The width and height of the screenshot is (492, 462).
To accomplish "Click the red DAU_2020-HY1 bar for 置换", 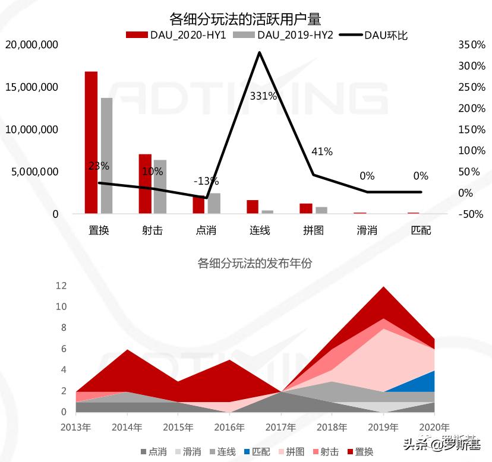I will (x=91, y=143).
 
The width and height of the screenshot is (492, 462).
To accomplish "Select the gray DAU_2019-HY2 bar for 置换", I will (x=106, y=156).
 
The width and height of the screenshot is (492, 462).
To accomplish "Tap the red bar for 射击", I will (x=145, y=183).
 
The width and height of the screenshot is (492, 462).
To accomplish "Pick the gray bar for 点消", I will (x=214, y=203).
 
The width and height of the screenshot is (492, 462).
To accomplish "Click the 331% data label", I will (x=263, y=96).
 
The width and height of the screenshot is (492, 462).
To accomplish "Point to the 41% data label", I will (x=321, y=151).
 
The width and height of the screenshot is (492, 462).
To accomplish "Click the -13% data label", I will (x=206, y=181).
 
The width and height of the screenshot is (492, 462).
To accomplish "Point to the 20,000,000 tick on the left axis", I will (x=31, y=45).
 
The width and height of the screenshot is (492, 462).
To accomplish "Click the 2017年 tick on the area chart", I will (x=281, y=426).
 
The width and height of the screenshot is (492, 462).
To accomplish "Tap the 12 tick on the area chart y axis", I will (x=61, y=286).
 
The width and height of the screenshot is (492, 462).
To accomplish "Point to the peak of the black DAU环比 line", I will (x=260, y=52).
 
